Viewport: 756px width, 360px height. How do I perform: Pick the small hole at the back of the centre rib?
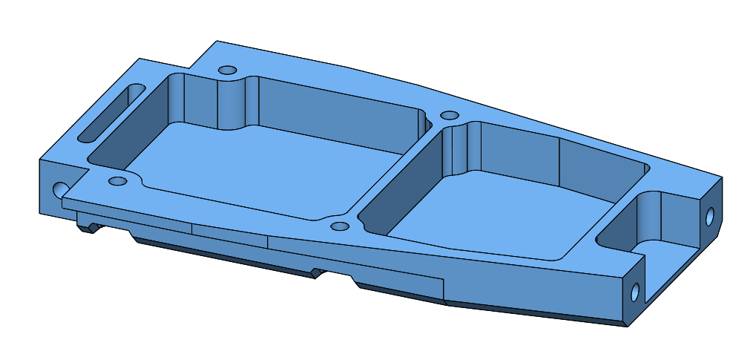point(450,116)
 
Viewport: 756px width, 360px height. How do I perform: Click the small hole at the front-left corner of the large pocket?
point(116,181)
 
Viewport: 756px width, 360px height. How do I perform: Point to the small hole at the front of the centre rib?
point(339,226)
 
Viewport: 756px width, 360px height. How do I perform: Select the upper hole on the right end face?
point(709,217)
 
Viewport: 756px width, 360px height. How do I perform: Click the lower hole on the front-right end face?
point(634,292)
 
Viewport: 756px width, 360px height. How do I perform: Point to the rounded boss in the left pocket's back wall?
point(236,104)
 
